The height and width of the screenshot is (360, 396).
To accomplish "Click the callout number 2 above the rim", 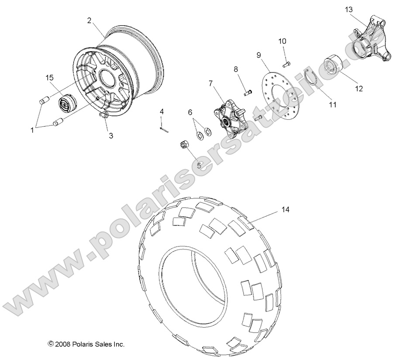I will tap(89, 20).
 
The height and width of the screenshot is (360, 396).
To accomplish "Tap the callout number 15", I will tap(49, 77).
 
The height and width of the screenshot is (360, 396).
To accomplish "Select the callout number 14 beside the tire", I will tap(285, 210).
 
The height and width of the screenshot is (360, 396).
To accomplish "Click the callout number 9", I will tap(258, 55).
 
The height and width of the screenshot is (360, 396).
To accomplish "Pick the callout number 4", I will tap(162, 111).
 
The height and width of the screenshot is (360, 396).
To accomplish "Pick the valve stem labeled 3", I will tap(104, 115).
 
